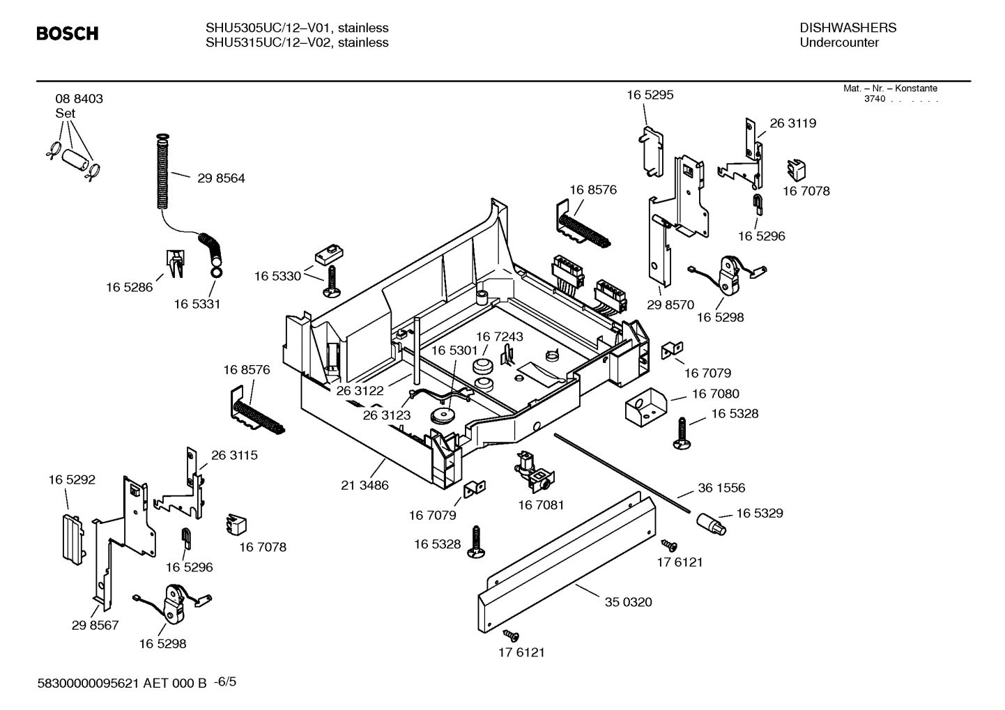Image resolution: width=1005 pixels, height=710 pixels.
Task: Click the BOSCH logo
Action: pyautogui.click(x=67, y=33)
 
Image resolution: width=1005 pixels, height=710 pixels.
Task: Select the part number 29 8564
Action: pyautogui.click(x=221, y=178)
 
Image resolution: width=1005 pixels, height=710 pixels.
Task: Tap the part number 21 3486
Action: pyautogui.click(x=365, y=486)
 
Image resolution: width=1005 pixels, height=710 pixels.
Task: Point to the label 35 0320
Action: pyautogui.click(x=628, y=602)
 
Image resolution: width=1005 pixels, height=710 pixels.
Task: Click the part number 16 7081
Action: pyautogui.click(x=541, y=504)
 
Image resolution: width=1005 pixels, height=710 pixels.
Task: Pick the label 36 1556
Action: pyautogui.click(x=721, y=488)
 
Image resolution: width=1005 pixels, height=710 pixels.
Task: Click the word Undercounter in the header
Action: pyautogui.click(x=838, y=43)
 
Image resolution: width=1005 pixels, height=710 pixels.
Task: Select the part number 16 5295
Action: pyautogui.click(x=650, y=95)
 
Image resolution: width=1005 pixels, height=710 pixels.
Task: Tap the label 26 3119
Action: pyautogui.click(x=792, y=123)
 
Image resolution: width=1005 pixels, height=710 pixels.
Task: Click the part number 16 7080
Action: pyautogui.click(x=715, y=394)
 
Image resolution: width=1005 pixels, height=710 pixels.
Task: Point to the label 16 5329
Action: pyautogui.click(x=759, y=514)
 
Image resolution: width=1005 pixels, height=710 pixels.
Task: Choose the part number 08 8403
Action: pyautogui.click(x=79, y=99)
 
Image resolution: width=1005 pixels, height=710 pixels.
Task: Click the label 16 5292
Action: pyautogui.click(x=72, y=480)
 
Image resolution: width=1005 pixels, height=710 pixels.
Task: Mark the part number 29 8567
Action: pyautogui.click(x=95, y=626)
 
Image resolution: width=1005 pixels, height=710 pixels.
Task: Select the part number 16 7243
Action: pyautogui.click(x=499, y=337)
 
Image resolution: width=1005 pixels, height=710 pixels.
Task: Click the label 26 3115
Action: pyautogui.click(x=234, y=455)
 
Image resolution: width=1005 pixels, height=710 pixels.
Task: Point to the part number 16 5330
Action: pyautogui.click(x=277, y=277)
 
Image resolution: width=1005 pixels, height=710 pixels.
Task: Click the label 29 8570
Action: pyautogui.click(x=670, y=304)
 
